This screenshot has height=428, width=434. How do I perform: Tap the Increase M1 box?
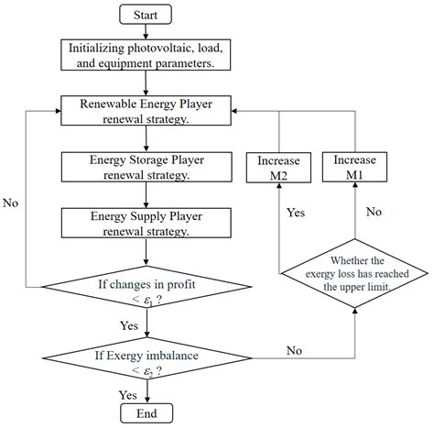[x=354, y=168]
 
